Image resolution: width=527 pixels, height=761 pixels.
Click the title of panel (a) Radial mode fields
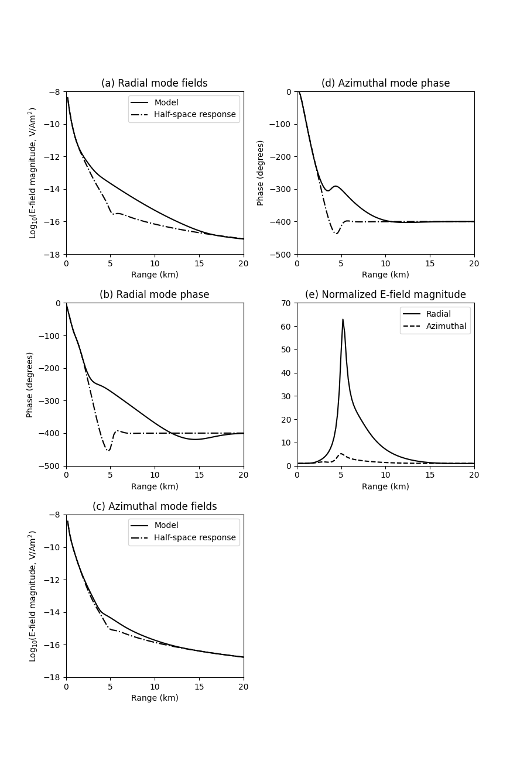click(154, 83)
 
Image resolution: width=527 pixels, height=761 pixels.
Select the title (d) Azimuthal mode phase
click(385, 83)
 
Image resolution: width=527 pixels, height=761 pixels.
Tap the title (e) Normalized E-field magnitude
click(385, 294)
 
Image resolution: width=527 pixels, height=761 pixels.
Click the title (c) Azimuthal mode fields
click(155, 506)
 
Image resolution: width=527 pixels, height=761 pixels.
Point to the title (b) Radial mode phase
click(154, 294)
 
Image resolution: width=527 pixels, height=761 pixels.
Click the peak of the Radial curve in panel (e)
click(343, 320)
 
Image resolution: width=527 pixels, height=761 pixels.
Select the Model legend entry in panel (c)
click(166, 526)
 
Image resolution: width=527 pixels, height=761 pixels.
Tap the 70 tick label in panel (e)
click(287, 303)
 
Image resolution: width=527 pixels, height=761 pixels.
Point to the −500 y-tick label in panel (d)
click(280, 254)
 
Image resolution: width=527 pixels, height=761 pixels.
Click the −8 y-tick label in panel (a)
click(54, 91)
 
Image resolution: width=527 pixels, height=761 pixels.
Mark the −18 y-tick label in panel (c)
click(52, 677)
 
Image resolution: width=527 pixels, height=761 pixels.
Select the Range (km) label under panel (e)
click(385, 486)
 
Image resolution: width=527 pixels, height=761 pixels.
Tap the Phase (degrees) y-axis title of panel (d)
click(261, 173)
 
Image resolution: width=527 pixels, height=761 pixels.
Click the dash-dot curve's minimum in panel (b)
click(108, 450)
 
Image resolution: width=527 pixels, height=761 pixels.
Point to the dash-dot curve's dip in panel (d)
click(336, 233)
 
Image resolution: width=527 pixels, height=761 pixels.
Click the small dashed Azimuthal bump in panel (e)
click(341, 454)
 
